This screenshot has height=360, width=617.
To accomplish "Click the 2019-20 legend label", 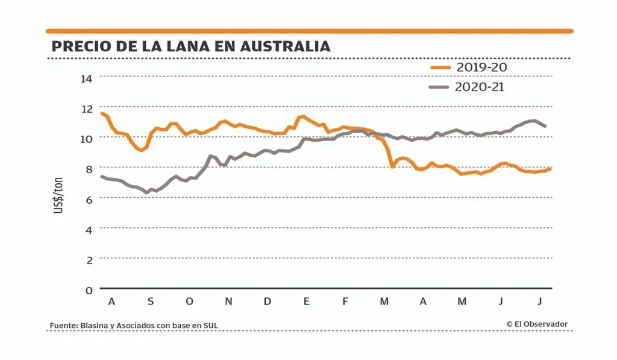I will pyautogui.click(x=481, y=67).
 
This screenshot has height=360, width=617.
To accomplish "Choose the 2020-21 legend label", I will pyautogui.click(x=480, y=87).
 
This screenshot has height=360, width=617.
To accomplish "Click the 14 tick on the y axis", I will pyautogui.click(x=87, y=78).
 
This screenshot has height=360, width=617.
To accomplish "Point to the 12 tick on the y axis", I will pyautogui.click(x=87, y=108).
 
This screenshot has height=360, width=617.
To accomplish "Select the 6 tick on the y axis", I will pyautogui.click(x=89, y=198).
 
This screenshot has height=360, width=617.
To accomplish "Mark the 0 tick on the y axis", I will pyautogui.click(x=89, y=290).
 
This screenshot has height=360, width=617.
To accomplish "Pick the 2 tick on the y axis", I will pyautogui.click(x=89, y=259).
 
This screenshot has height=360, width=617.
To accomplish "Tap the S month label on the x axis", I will pyautogui.click(x=151, y=302).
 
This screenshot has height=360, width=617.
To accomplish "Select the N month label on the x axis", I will pyautogui.click(x=228, y=302).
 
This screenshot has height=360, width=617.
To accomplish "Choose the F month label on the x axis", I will pyautogui.click(x=345, y=302).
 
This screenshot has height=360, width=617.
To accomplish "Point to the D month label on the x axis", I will pyautogui.click(x=268, y=302).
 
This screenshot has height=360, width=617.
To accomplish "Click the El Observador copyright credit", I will pyautogui.click(x=537, y=324).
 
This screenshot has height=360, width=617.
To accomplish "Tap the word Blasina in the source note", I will pyautogui.click(x=93, y=326).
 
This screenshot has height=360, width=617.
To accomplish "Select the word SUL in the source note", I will pyautogui.click(x=210, y=326).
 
